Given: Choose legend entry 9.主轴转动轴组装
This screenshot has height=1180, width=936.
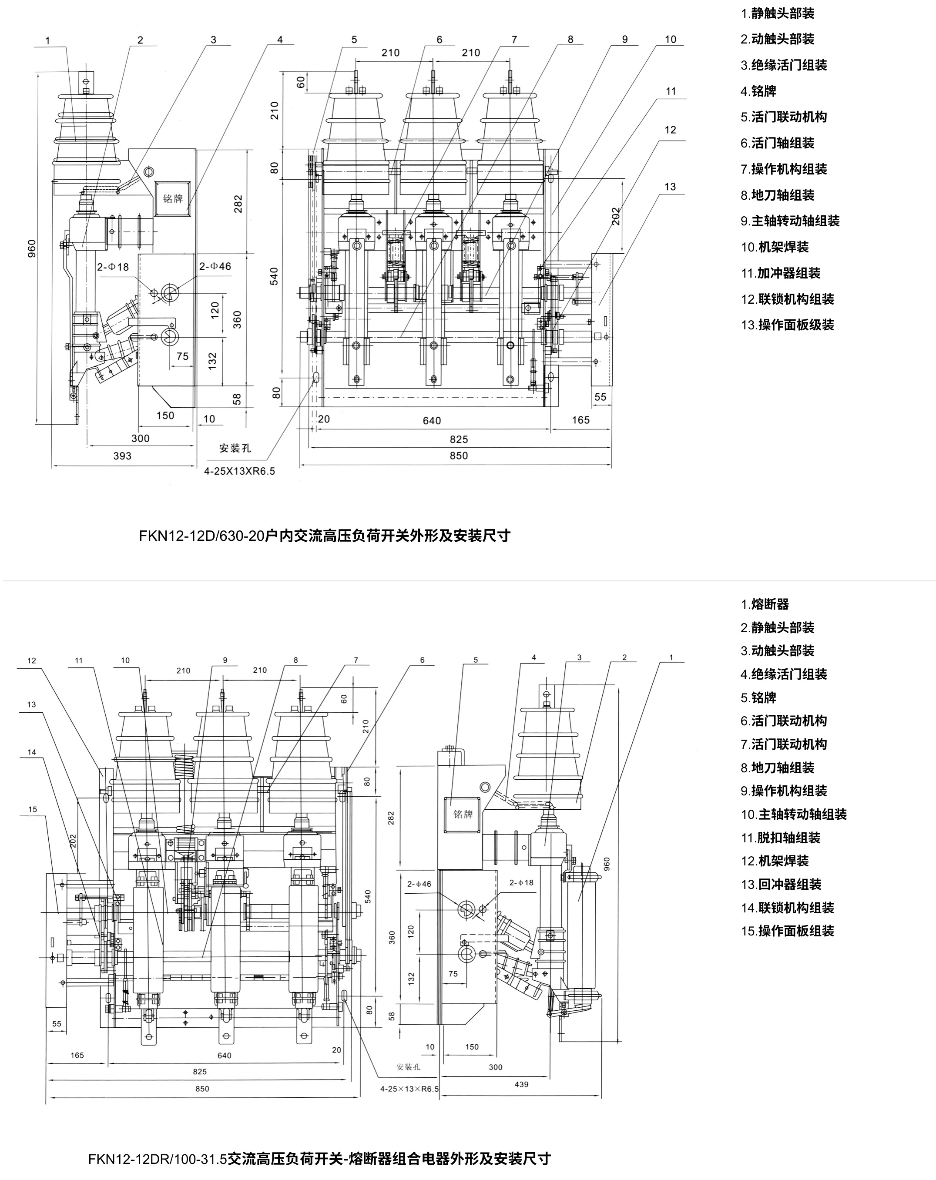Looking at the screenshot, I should pyautogui.click(x=790, y=221).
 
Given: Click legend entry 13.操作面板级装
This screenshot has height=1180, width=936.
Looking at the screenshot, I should pyautogui.click(x=787, y=325).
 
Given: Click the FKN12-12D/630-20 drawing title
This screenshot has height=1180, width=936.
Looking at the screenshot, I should pyautogui.click(x=324, y=535).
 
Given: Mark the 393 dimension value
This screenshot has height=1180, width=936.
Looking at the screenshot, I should pyautogui.click(x=122, y=456).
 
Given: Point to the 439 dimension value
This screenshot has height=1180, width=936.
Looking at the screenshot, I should pyautogui.click(x=521, y=1084).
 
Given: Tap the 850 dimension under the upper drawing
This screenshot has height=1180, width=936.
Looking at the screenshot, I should pyautogui.click(x=459, y=456).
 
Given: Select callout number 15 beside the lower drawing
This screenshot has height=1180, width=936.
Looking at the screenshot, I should pyautogui.click(x=32, y=809).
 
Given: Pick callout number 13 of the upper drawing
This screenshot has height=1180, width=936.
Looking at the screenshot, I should pyautogui.click(x=670, y=187).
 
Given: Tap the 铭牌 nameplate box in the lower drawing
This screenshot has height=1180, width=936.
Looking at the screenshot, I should pyautogui.click(x=463, y=815).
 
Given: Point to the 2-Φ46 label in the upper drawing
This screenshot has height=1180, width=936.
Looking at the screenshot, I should pyautogui.click(x=215, y=267).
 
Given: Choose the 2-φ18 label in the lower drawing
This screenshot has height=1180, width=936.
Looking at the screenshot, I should pyautogui.click(x=521, y=882).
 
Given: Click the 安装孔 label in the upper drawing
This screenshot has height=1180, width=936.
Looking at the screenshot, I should pyautogui.click(x=235, y=448).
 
